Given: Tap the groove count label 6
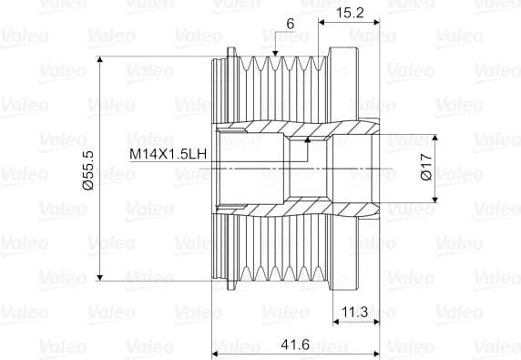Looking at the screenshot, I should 290,23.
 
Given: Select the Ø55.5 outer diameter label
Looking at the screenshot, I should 87,170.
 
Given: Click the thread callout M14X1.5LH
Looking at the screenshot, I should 169,156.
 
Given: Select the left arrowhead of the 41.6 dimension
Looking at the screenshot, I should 216,349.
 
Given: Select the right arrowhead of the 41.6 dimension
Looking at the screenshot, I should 377,349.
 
